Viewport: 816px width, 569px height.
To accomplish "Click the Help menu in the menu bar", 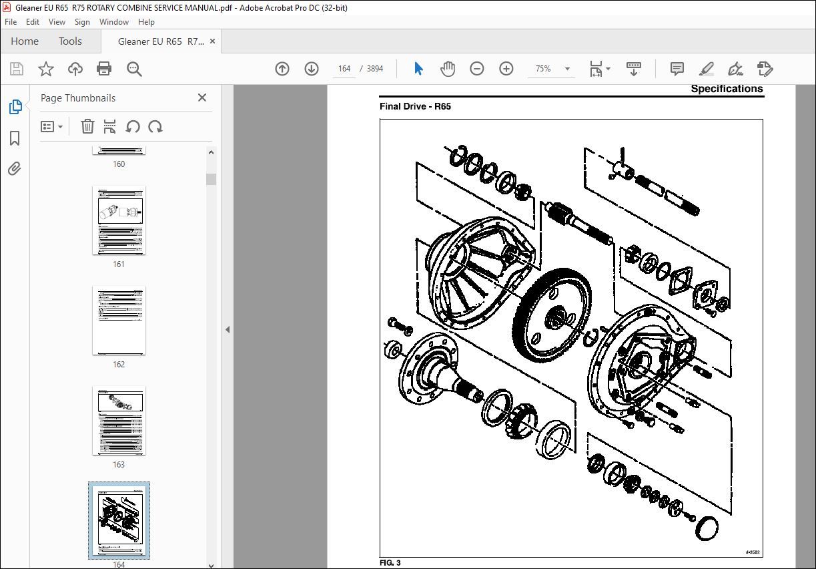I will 146,22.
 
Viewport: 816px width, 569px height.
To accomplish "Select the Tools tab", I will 70,41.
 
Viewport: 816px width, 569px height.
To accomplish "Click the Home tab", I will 25,41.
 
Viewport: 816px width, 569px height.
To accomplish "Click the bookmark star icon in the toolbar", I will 45,69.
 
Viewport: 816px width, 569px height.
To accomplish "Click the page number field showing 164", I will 344,69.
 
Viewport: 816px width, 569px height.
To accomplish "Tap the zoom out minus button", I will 476,69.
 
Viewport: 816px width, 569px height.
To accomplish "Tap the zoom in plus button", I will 506,69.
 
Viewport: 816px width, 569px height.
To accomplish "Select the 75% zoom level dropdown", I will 552,69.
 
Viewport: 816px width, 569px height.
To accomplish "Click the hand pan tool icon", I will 448,69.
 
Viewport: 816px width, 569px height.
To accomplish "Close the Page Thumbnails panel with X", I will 202,98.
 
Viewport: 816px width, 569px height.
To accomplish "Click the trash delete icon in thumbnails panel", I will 87,126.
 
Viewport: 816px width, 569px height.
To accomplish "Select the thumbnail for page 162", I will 119,321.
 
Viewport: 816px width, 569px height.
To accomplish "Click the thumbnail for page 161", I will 119,221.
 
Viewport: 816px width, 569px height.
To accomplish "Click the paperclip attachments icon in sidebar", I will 15,169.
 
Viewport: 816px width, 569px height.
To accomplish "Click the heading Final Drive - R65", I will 415,106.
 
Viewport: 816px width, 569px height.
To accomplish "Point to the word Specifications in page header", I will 727,89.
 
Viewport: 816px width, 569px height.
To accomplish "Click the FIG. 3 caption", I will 390,563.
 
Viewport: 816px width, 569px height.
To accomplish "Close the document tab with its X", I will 213,41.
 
